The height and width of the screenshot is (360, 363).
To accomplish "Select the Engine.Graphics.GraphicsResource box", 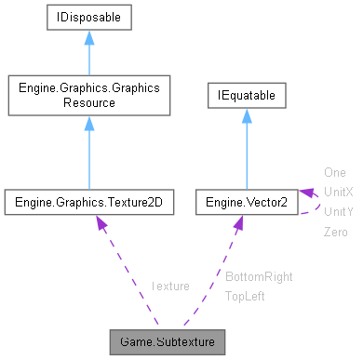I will pyautogui.click(x=88, y=95).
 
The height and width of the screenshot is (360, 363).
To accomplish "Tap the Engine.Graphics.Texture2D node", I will pyautogui.click(x=88, y=201).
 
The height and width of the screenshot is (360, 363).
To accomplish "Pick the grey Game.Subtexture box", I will pyautogui.click(x=167, y=340).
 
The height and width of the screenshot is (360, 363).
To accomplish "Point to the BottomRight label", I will pyautogui.click(x=259, y=277).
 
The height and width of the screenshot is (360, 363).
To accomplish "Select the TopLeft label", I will pyautogui.click(x=247, y=296).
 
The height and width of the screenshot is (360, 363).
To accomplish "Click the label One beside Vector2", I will pyautogui.click(x=334, y=172).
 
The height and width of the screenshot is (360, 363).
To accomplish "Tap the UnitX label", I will pyautogui.click(x=338, y=192).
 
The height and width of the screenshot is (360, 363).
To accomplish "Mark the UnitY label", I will pyautogui.click(x=338, y=211).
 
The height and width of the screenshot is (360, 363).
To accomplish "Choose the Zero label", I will pyautogui.click(x=335, y=231).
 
